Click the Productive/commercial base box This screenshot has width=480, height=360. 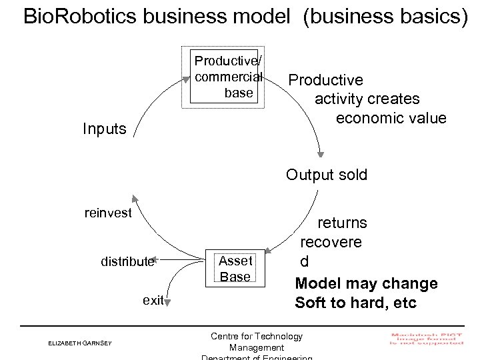[227, 77]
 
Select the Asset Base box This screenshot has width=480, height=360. [235, 269]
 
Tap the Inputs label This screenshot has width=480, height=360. [104, 129]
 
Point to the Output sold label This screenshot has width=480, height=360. [327, 175]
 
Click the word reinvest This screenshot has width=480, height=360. [108, 213]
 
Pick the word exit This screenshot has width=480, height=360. [153, 300]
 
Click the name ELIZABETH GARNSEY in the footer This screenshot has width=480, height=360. [80, 343]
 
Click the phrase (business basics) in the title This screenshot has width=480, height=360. [385, 16]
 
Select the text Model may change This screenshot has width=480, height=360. [366, 283]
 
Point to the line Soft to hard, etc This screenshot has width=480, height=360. [355, 303]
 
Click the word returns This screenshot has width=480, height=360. [341, 222]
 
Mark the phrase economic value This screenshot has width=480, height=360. [391, 118]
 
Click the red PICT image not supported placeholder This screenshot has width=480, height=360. [427, 338]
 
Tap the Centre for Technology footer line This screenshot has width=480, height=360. [256, 337]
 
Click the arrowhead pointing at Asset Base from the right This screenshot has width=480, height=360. [269, 251]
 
